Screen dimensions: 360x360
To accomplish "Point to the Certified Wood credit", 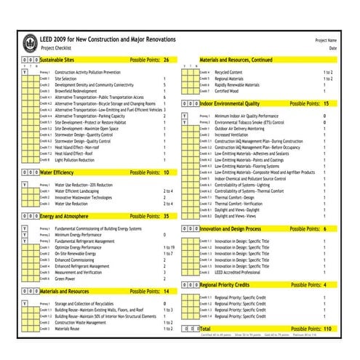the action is click(226, 91).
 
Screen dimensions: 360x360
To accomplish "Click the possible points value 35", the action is click(166, 216).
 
